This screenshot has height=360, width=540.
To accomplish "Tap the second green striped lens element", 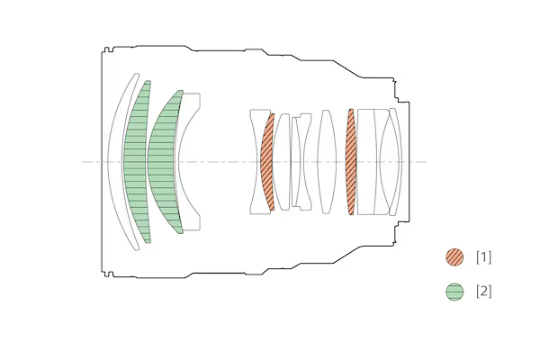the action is (x=163, y=162).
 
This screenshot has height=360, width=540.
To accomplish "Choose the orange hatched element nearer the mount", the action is (x=351, y=162).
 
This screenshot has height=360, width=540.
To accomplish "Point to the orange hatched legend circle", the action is (x=454, y=257).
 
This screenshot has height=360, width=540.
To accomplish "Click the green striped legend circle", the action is (x=454, y=292).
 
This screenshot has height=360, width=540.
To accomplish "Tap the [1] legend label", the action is (x=484, y=257).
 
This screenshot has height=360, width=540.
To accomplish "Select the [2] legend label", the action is (x=484, y=292).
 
